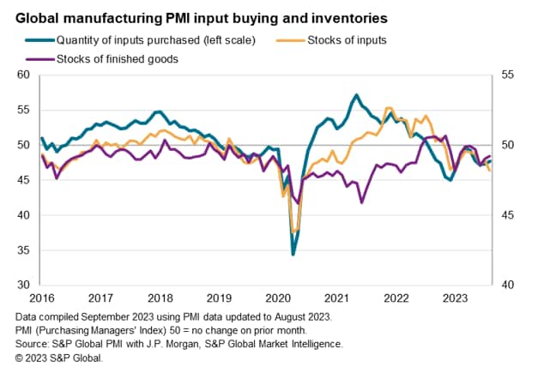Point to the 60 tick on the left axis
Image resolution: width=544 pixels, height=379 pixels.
click(24, 75)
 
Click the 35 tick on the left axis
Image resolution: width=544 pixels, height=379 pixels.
click(24, 250)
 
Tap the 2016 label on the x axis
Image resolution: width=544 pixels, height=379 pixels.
click(41, 298)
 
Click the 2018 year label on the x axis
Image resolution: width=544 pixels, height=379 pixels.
click(159, 298)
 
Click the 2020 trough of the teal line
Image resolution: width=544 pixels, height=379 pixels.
click(293, 255)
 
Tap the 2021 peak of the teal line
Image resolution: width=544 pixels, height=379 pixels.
click(356, 94)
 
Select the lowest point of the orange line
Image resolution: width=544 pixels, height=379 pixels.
click(295, 232)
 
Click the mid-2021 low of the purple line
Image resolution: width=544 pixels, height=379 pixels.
click(361, 202)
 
